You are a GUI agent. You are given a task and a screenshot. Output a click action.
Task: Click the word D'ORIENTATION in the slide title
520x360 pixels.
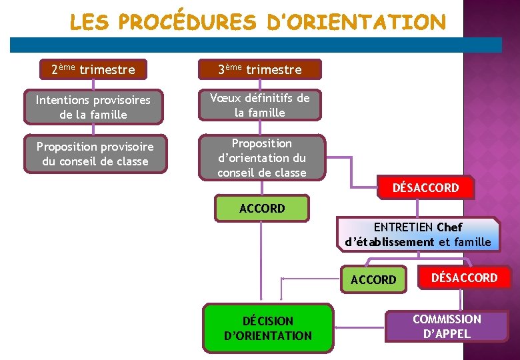click(355, 22)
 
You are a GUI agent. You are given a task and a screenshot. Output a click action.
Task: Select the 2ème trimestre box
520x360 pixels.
click(93, 69)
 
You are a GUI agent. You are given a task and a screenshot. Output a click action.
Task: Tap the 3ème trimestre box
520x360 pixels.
click(260, 69)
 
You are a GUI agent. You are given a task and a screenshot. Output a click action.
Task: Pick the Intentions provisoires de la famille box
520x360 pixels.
click(93, 107)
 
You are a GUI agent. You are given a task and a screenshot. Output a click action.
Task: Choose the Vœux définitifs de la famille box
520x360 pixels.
click(260, 105)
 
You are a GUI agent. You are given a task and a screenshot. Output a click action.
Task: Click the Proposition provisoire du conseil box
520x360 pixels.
click(95, 153)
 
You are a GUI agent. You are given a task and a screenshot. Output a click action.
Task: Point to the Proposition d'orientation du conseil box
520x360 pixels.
click(262, 158)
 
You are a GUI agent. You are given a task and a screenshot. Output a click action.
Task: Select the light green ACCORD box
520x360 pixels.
click(262, 208)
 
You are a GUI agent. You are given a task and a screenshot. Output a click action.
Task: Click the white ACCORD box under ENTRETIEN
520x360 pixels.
click(373, 279)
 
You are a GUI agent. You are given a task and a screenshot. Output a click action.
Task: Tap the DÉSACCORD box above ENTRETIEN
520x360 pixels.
click(426, 187)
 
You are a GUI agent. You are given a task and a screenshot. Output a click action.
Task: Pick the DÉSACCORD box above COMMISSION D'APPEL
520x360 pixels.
click(465, 277)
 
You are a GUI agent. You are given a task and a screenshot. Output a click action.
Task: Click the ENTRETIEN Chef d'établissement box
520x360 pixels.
click(418, 235)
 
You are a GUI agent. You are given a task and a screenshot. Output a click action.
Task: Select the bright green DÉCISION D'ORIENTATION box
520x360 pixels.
click(268, 328)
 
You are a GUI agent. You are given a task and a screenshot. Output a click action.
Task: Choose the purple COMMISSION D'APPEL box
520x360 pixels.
click(447, 327)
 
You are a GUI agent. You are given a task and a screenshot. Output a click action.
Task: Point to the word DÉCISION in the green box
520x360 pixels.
click(268, 321)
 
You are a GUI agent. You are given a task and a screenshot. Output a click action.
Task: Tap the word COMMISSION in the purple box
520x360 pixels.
click(447, 319)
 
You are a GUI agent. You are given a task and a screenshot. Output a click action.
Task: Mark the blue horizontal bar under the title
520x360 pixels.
click(256, 45)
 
